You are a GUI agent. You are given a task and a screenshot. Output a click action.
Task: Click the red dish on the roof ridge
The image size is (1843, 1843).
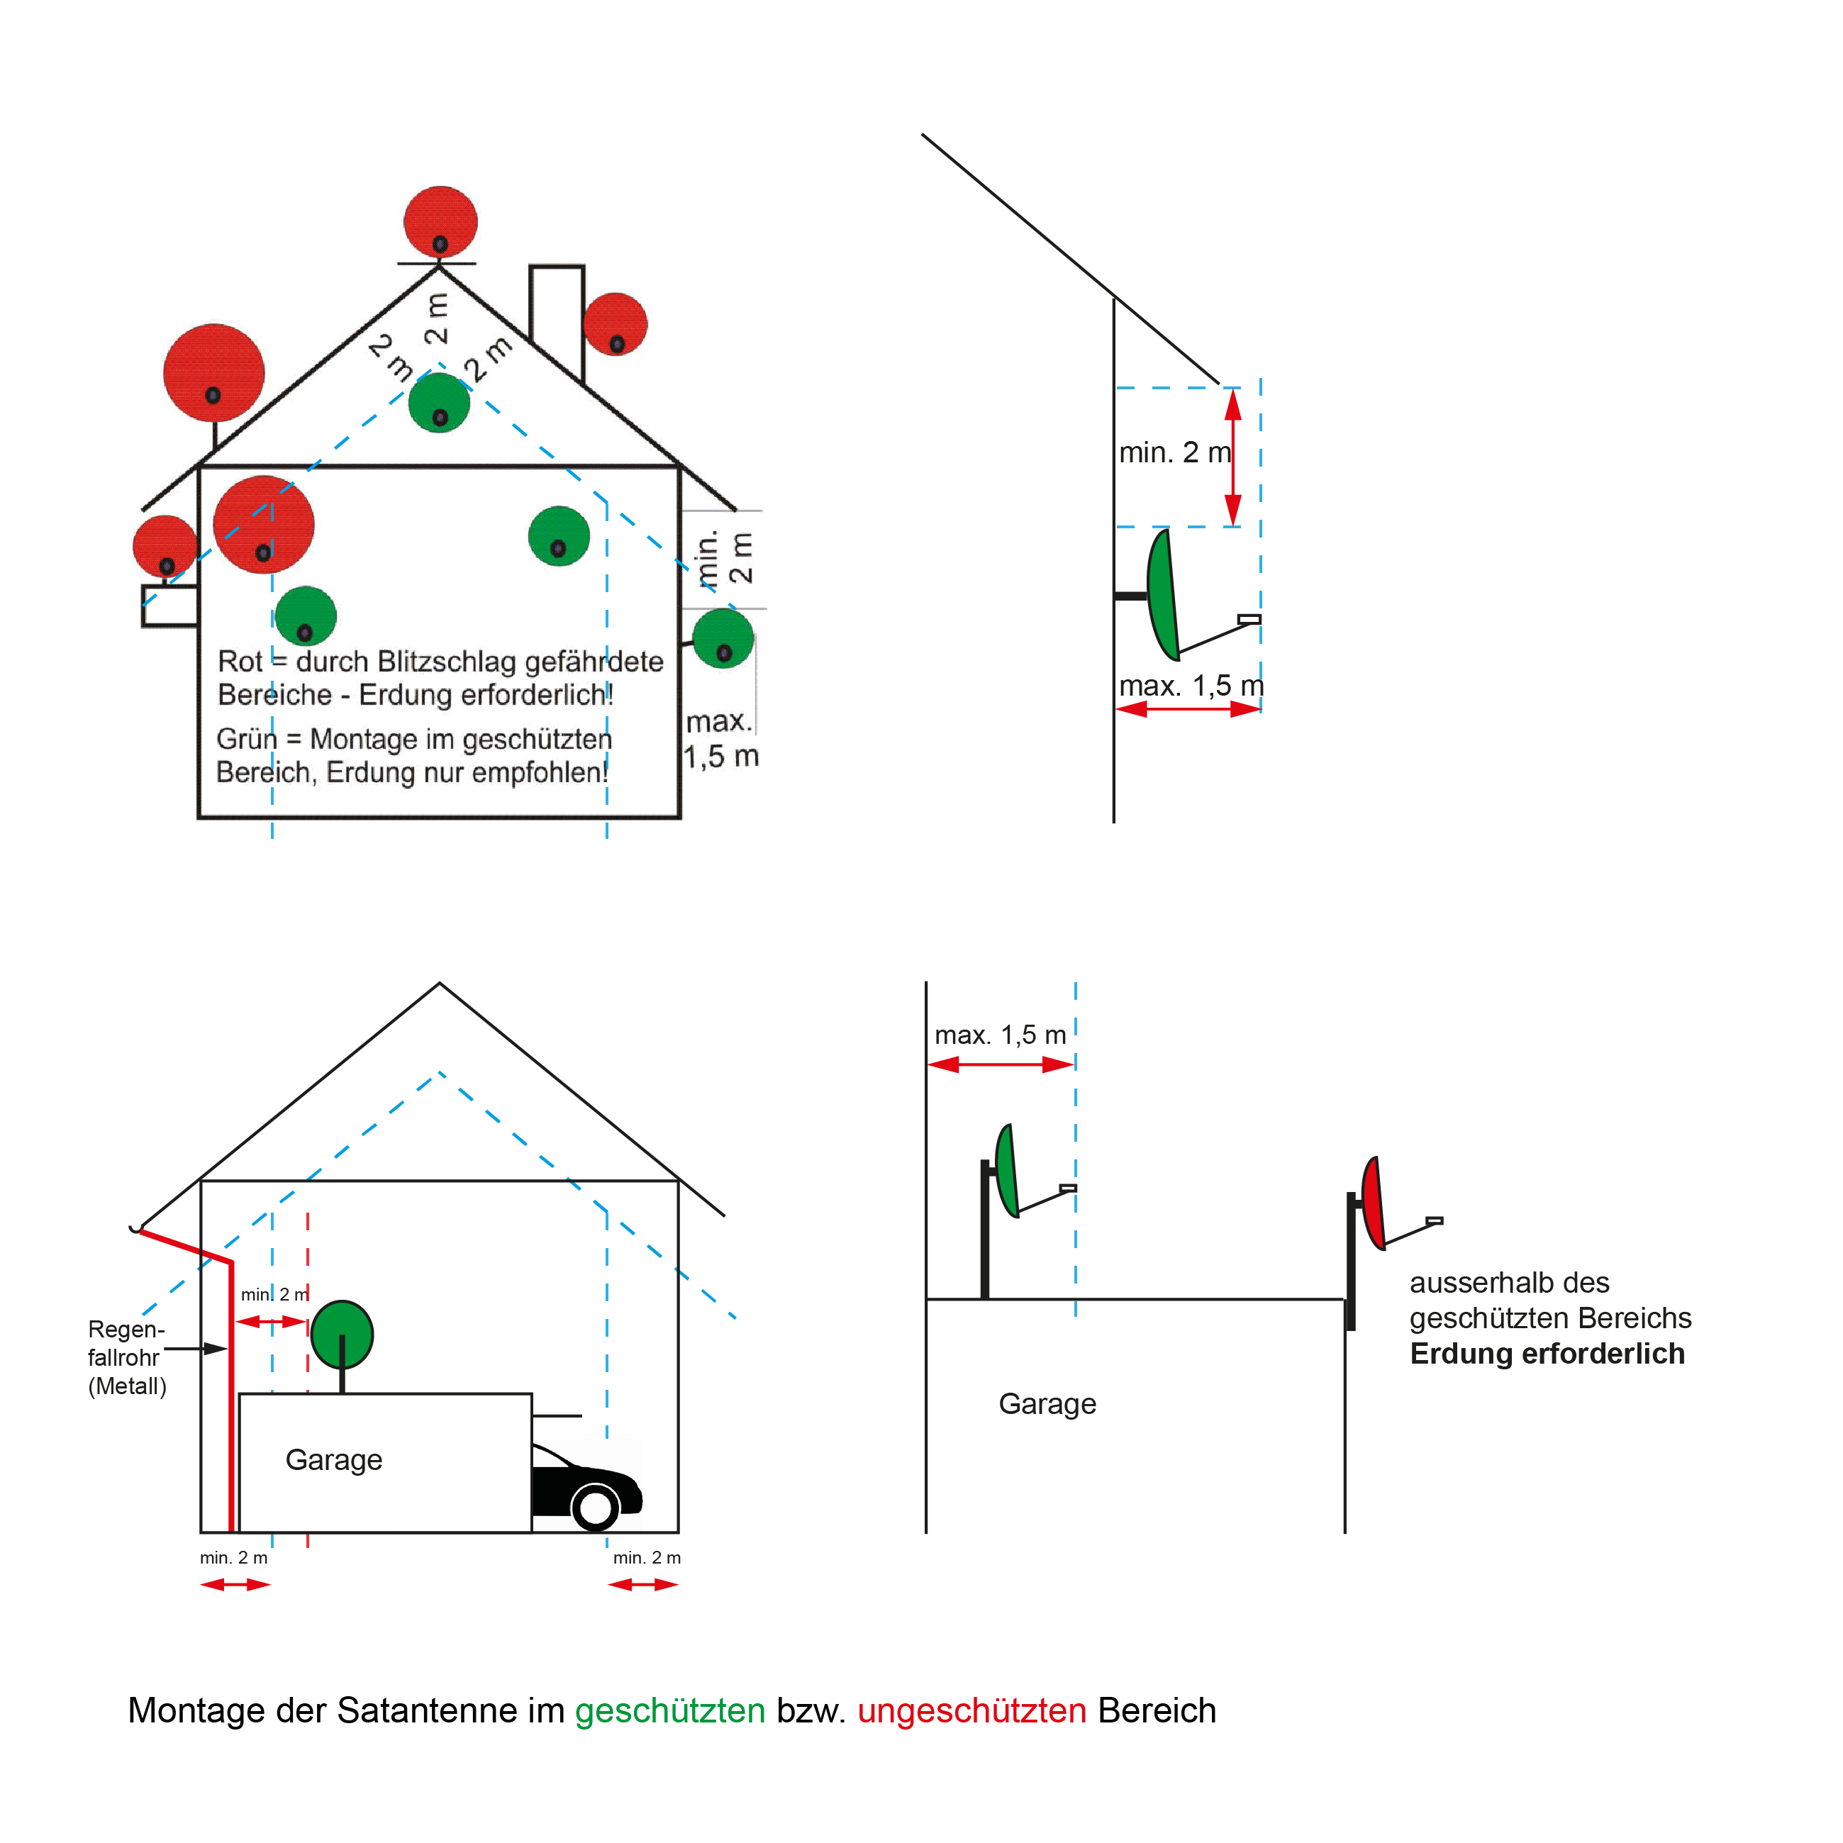(440, 221)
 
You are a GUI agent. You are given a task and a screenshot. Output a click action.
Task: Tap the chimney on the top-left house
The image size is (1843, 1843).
(556, 315)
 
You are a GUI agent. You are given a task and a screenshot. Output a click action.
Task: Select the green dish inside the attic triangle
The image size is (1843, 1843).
(439, 403)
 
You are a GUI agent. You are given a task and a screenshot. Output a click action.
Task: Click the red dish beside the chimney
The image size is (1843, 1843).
(616, 323)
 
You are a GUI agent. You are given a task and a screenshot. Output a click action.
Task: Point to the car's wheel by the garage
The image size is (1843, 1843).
(595, 1507)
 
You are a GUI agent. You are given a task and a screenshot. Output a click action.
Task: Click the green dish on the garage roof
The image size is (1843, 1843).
(342, 1334)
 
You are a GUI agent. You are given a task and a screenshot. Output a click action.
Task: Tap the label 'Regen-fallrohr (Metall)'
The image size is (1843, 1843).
(126, 1357)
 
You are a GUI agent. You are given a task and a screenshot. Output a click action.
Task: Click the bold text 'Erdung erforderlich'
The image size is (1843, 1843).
(1547, 1354)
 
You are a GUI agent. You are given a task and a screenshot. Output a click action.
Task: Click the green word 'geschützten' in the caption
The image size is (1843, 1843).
(669, 1710)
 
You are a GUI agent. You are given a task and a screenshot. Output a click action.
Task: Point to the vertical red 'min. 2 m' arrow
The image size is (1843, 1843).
(1232, 457)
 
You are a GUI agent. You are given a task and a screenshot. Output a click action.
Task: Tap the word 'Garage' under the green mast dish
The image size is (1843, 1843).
(1047, 1403)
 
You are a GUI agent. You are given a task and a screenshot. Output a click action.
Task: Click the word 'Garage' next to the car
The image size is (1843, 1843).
(334, 1459)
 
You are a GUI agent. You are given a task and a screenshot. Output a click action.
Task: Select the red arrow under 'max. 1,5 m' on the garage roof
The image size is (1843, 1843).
(1001, 1064)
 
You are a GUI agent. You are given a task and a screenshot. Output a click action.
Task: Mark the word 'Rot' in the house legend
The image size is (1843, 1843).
(240, 661)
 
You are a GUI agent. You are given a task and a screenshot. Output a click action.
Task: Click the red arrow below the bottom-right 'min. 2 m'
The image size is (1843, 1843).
(643, 1584)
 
